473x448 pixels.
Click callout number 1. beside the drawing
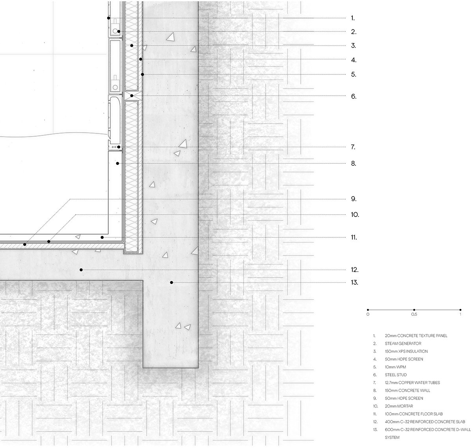click(x=353, y=18)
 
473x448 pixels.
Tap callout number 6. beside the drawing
click(x=354, y=96)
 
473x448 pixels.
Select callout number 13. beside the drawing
click(x=354, y=283)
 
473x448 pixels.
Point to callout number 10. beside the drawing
click(x=355, y=215)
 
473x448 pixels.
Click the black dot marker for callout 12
click(x=81, y=270)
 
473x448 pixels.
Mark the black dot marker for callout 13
click(x=171, y=282)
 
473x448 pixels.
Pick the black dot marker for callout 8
click(x=117, y=163)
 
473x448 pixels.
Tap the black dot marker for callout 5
click(x=143, y=74)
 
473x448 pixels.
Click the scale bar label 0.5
click(x=414, y=315)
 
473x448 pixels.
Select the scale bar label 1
click(x=460, y=315)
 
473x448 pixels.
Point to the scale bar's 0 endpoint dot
click(x=368, y=310)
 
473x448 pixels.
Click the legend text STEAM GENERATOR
click(x=403, y=344)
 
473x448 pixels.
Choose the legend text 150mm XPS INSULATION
click(x=406, y=352)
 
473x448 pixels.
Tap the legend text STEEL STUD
click(x=395, y=375)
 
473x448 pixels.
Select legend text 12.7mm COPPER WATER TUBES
click(x=412, y=383)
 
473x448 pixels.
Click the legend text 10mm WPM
click(x=395, y=367)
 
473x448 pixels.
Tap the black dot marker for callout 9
click(x=24, y=245)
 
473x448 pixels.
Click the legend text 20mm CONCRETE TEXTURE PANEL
click(x=416, y=336)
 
